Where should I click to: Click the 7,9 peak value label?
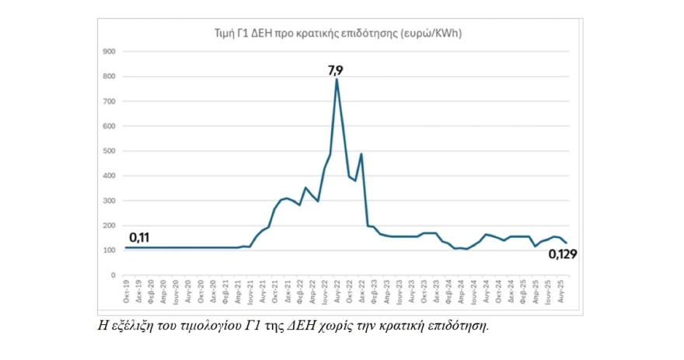pyautogui.click(x=335, y=70)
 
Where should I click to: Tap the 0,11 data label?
pyautogui.click(x=139, y=236)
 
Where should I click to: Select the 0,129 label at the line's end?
pyautogui.click(x=562, y=253)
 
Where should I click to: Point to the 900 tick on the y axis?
pyautogui.click(x=109, y=51)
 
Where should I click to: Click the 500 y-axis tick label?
pyautogui.click(x=109, y=151)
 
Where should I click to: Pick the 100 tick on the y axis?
pyautogui.click(x=109, y=250)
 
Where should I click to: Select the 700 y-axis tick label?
pyautogui.click(x=109, y=101)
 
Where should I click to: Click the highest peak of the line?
pyautogui.click(x=337, y=79)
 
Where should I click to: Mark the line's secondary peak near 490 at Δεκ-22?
pyautogui.click(x=361, y=154)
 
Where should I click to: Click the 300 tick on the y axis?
pyautogui.click(x=109, y=201)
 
